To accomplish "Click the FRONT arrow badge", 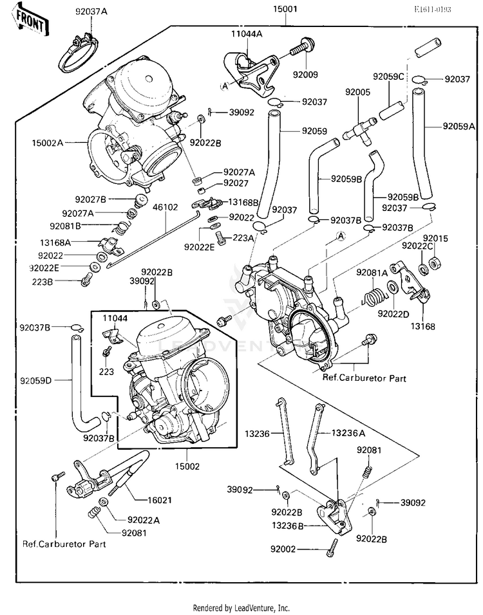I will coord(30,19).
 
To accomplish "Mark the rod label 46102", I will coord(166,207).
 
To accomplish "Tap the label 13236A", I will coord(348,433).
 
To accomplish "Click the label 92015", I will coord(439,239).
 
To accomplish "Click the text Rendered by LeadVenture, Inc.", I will coord(241,607).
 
